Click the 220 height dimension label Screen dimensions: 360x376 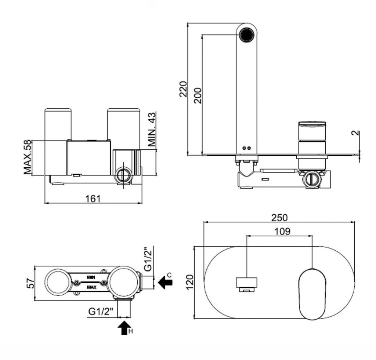click(x=183, y=89)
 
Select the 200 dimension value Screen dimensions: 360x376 click(x=198, y=95)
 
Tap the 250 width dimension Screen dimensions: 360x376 click(x=280, y=217)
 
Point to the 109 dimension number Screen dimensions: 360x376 click(x=282, y=231)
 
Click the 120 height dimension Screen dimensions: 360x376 click(x=189, y=282)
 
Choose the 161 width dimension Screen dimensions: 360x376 click(x=93, y=198)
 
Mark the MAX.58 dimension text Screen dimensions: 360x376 click(x=27, y=157)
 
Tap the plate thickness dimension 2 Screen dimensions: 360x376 click(x=355, y=133)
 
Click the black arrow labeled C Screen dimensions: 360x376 click(x=165, y=282)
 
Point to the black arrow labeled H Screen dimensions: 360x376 click(x=125, y=327)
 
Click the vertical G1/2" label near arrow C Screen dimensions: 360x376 click(x=147, y=259)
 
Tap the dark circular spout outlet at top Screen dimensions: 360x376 click(x=246, y=35)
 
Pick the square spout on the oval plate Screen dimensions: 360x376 click(x=246, y=283)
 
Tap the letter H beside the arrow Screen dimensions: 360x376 click(x=131, y=332)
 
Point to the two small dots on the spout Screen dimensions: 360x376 click(x=246, y=148)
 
